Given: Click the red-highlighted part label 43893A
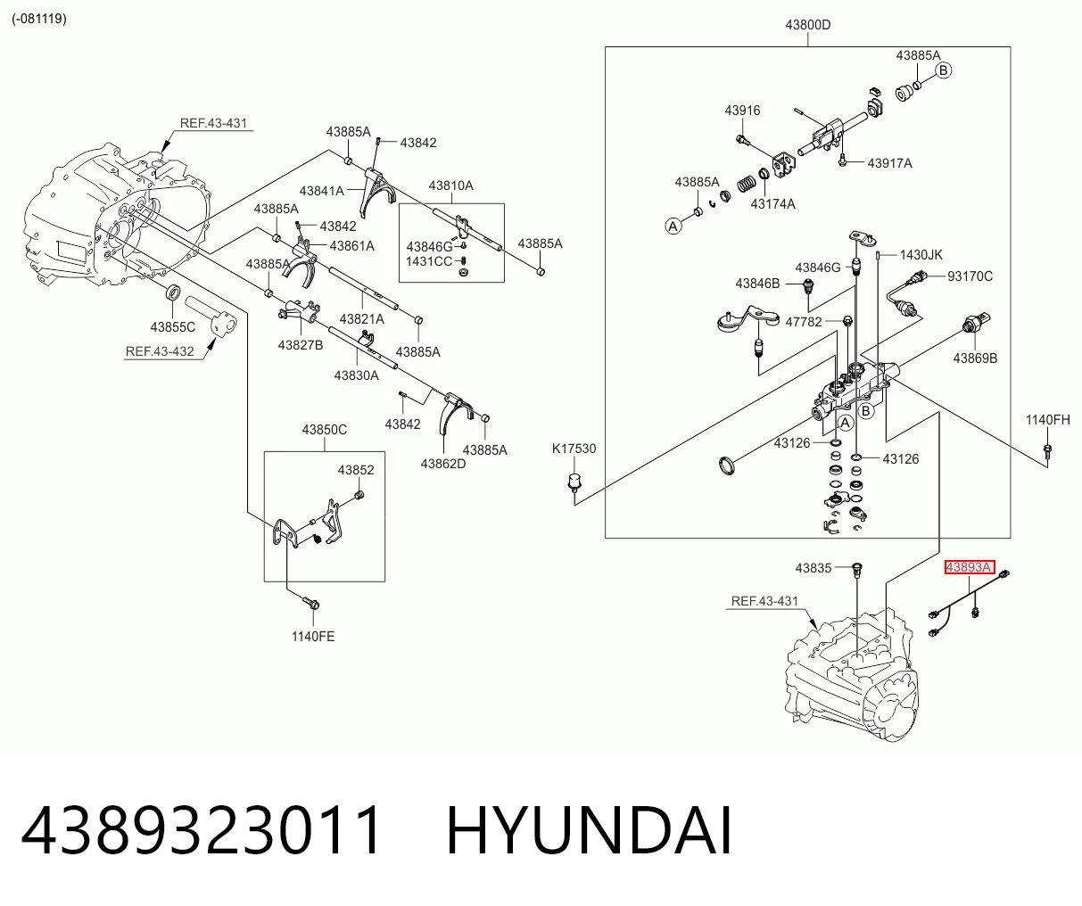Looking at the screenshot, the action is click(x=969, y=567).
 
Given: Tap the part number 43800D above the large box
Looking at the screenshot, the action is click(x=808, y=25).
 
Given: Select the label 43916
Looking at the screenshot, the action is click(x=742, y=111).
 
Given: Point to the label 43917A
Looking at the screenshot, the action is click(x=889, y=163).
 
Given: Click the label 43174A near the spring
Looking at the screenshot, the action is click(x=772, y=204).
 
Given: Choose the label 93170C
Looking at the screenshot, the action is click(x=970, y=276).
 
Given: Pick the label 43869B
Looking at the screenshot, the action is click(x=975, y=358).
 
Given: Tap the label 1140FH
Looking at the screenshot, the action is click(x=1048, y=420).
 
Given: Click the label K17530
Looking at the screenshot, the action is click(x=574, y=449).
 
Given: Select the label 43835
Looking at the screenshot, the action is click(x=813, y=568).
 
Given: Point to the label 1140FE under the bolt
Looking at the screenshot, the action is click(x=313, y=637).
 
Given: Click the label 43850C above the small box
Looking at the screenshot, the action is click(x=325, y=430).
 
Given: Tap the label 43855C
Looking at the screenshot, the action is click(x=172, y=327).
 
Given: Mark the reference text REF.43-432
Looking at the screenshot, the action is click(x=160, y=351).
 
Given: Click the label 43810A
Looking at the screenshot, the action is click(x=450, y=185).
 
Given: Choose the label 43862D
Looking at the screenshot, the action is click(x=443, y=464).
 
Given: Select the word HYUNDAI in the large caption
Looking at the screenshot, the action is click(x=590, y=831).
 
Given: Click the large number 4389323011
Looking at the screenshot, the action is click(x=201, y=831).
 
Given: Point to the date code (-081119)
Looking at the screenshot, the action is click(x=39, y=19).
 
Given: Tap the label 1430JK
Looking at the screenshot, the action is click(x=921, y=255).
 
